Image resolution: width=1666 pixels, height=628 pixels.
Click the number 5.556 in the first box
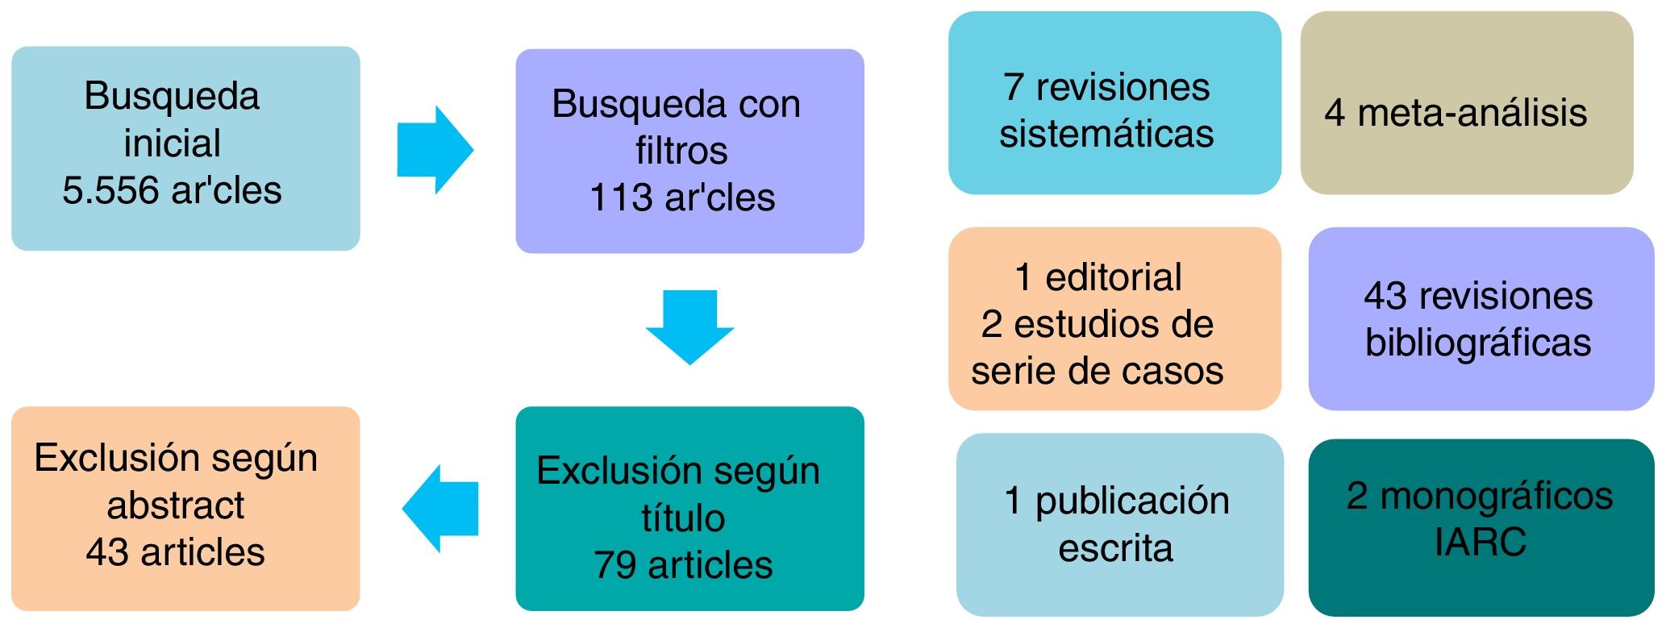[x=111, y=191]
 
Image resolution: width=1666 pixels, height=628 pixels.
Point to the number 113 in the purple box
[x=620, y=198]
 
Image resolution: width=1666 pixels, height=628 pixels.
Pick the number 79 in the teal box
[x=615, y=565]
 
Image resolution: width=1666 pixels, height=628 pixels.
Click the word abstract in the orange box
[x=176, y=505]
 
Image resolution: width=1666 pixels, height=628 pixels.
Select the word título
[x=683, y=518]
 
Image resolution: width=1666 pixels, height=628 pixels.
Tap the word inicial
[x=172, y=143]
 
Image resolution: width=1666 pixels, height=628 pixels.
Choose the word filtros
[x=681, y=151]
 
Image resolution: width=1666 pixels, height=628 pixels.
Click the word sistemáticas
[x=1106, y=134]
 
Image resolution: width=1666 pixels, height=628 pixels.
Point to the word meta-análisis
[x=1472, y=113]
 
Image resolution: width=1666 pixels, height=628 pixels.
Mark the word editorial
[x=1114, y=278]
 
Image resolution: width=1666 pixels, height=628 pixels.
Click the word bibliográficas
[x=1478, y=343]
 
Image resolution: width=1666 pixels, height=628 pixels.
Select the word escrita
[x=1115, y=548]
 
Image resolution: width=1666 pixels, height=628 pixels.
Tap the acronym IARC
[x=1481, y=542]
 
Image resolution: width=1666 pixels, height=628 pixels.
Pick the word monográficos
[x=1497, y=496]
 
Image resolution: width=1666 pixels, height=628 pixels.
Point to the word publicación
[x=1132, y=501]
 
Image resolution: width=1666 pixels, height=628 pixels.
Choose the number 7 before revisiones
[x=1013, y=88]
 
